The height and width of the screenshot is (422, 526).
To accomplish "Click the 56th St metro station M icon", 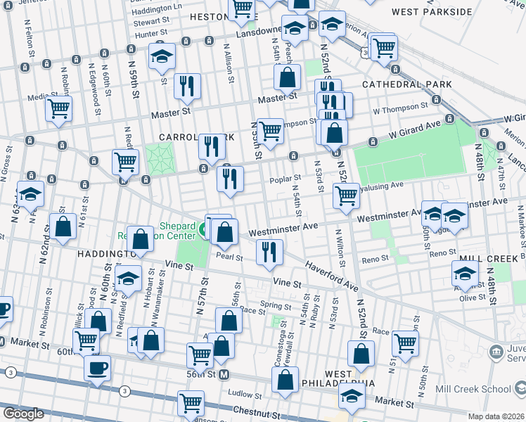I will coord(224,374).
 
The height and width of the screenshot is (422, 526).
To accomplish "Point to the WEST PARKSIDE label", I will coord(432,12).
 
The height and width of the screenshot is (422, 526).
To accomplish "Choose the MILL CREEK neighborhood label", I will coord(485,258).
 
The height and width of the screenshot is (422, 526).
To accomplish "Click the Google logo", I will coord(23,414).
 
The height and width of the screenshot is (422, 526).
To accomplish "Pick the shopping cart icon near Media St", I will coord(59,109).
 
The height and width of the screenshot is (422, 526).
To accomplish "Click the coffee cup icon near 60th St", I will coord(97,368).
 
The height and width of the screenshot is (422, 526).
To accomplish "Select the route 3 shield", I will coord(124,391).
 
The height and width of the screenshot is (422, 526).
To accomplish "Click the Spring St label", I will coord(276,306).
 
